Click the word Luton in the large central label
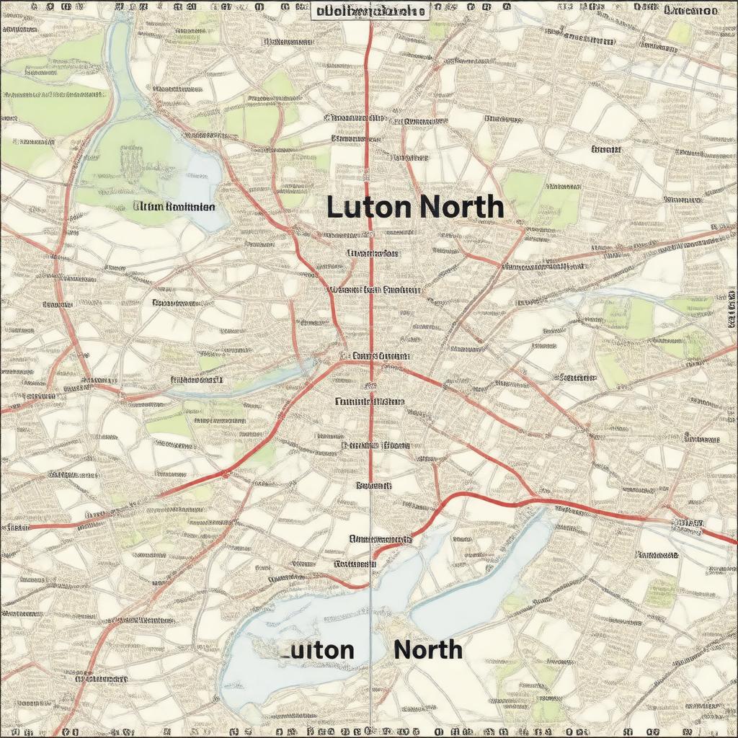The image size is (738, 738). [369, 208]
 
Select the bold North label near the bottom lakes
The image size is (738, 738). [428, 649]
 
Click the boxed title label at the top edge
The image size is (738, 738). [370, 12]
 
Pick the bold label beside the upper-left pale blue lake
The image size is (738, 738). [174, 206]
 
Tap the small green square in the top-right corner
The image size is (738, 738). [679, 31]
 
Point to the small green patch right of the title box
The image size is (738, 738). [438, 29]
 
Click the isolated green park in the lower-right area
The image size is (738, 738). [660, 591]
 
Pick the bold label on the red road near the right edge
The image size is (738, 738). [687, 525]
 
